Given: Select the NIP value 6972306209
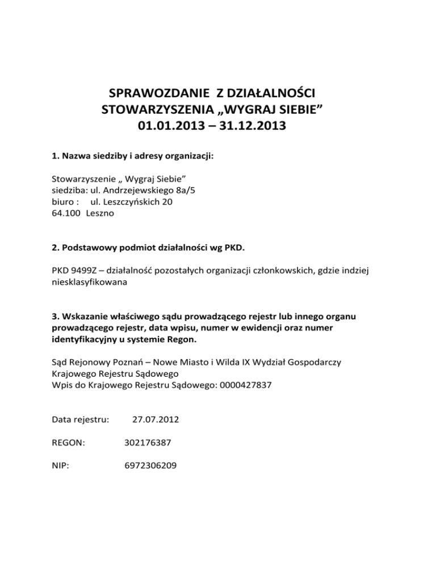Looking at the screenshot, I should pyautogui.click(x=150, y=466).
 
